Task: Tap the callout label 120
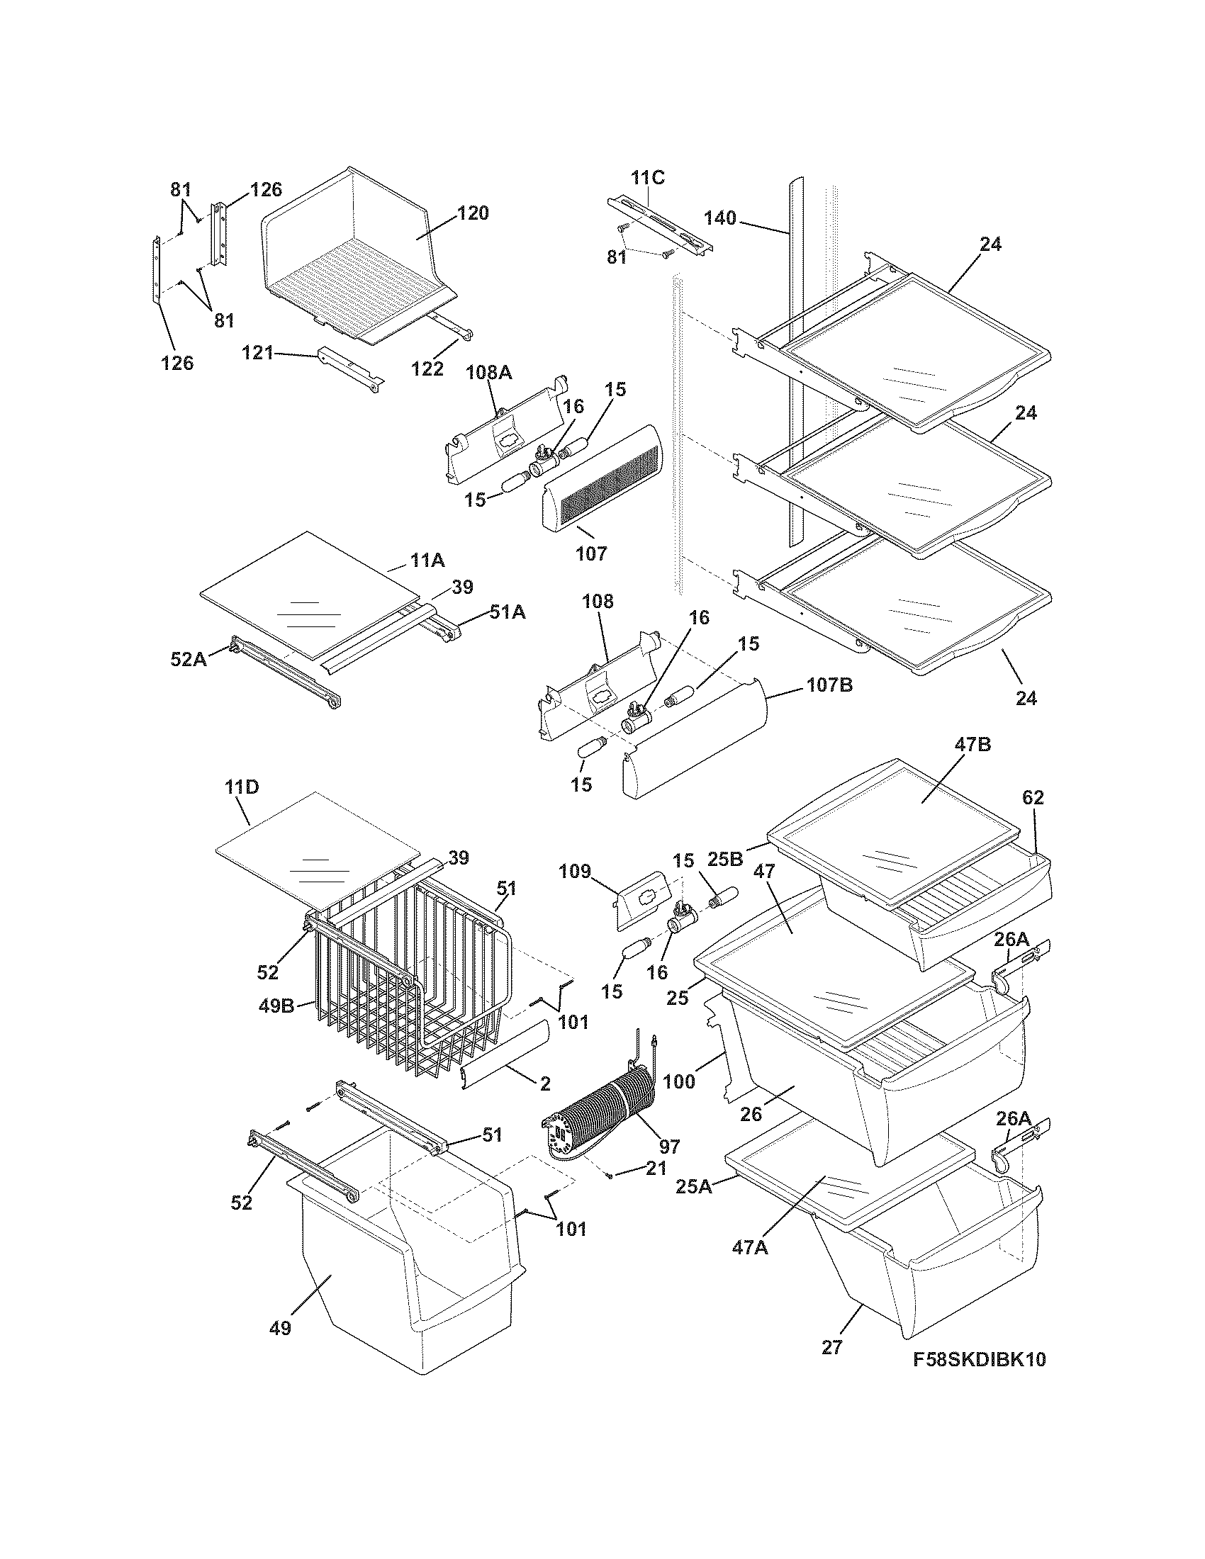[x=473, y=213]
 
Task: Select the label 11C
[x=647, y=178]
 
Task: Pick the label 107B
[x=829, y=685]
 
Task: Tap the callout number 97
[x=669, y=1147]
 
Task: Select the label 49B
[x=277, y=1007]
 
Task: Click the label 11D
[x=242, y=787]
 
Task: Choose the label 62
[x=1033, y=797]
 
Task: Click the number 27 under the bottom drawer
[x=831, y=1347]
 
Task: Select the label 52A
[x=189, y=659]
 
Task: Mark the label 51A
[x=507, y=612]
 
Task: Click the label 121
[x=258, y=352]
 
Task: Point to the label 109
[x=575, y=871]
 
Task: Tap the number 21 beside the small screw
[x=656, y=1169]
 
